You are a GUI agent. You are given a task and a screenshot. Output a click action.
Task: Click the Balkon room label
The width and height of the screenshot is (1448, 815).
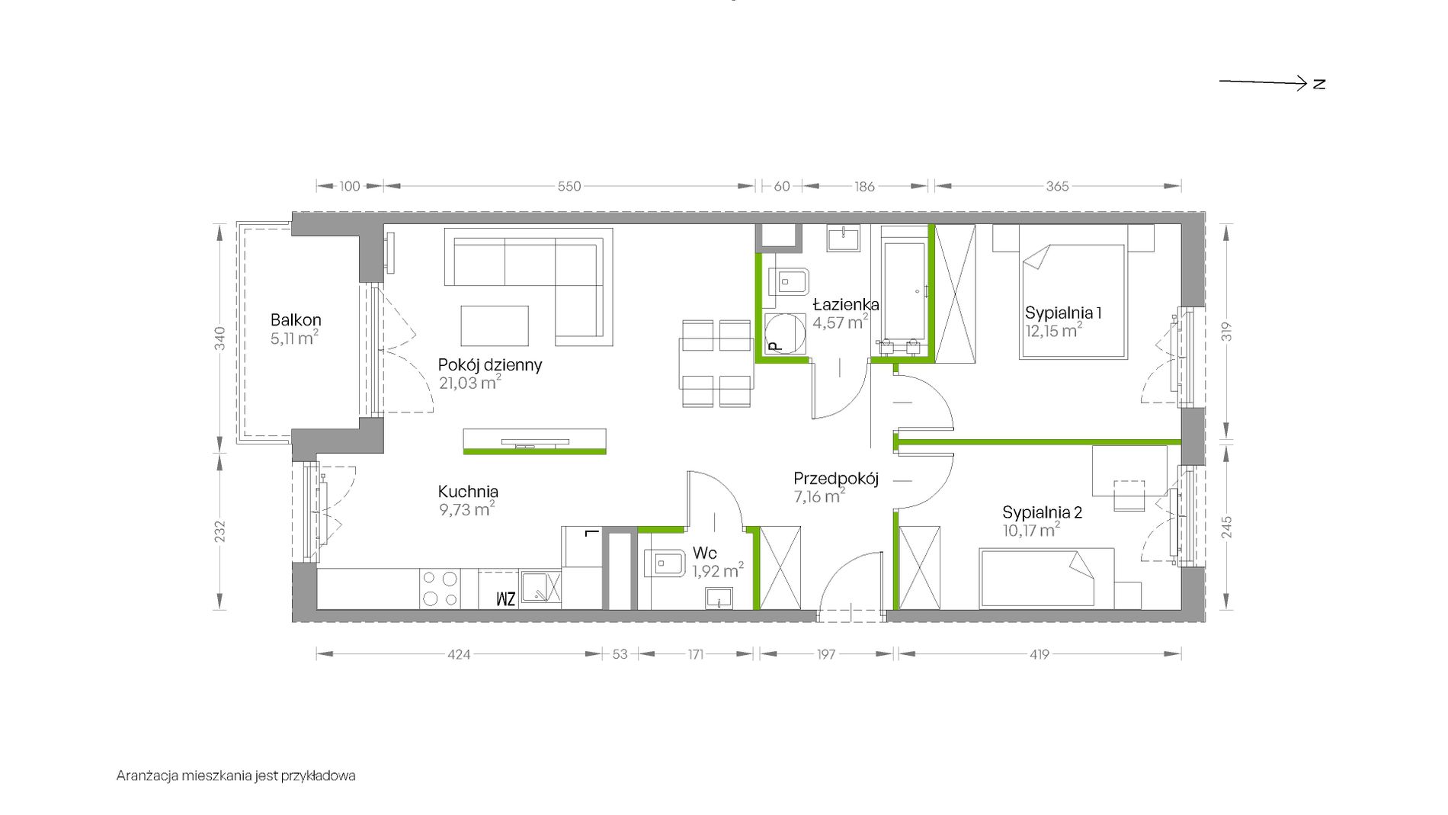pyautogui.click(x=296, y=320)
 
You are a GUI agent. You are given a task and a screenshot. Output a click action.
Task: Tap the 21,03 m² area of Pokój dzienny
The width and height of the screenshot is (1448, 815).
pyautogui.click(x=469, y=383)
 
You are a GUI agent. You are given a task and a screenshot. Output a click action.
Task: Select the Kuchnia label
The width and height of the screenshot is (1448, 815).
pyautogui.click(x=468, y=492)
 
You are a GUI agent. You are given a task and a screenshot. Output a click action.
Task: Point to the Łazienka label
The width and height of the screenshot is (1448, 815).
pyautogui.click(x=845, y=304)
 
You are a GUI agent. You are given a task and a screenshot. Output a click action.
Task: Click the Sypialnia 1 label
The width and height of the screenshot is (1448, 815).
pyautogui.click(x=1063, y=313)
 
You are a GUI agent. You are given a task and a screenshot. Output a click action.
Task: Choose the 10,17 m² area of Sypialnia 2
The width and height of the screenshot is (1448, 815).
pyautogui.click(x=1031, y=530)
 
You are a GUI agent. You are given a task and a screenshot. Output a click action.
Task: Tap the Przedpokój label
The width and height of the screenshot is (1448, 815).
pyautogui.click(x=836, y=479)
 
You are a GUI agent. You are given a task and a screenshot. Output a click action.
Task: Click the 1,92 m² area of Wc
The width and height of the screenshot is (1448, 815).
pyautogui.click(x=718, y=570)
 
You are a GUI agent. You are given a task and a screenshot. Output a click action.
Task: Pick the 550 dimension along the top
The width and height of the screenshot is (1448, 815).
pyautogui.click(x=569, y=186)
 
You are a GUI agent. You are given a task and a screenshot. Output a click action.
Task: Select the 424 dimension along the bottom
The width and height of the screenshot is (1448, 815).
pyautogui.click(x=459, y=654)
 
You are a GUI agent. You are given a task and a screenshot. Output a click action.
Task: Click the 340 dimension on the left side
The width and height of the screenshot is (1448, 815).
pyautogui.click(x=220, y=338)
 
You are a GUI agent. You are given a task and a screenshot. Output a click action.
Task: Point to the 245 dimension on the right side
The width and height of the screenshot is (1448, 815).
pyautogui.click(x=1226, y=528)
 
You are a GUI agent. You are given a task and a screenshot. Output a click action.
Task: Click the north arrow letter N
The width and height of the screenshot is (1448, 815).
pyautogui.click(x=1319, y=84)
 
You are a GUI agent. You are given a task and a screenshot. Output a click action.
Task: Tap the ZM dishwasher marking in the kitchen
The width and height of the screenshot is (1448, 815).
pyautogui.click(x=506, y=598)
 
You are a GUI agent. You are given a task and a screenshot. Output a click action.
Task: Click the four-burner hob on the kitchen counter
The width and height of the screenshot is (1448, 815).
pyautogui.click(x=440, y=589)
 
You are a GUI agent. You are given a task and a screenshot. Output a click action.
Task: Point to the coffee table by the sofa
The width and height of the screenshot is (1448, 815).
pyautogui.click(x=495, y=326)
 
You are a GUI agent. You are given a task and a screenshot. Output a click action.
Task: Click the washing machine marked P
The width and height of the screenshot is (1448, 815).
pyautogui.click(x=784, y=335)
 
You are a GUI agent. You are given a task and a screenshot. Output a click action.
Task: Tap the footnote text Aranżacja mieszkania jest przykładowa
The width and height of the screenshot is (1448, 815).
pyautogui.click(x=236, y=776)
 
